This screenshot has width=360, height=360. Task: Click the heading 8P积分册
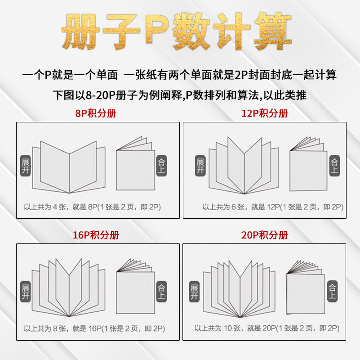point(96,113)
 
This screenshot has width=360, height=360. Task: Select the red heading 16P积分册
point(96,235)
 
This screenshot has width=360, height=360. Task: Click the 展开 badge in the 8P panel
point(26,166)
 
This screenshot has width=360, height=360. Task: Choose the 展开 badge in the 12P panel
point(200,166)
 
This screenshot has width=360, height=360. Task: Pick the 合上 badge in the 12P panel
point(334,166)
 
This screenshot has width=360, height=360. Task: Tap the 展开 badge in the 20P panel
point(194,292)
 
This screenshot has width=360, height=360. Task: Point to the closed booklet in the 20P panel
point(305,290)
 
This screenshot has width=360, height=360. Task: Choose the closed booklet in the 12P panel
point(308,166)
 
